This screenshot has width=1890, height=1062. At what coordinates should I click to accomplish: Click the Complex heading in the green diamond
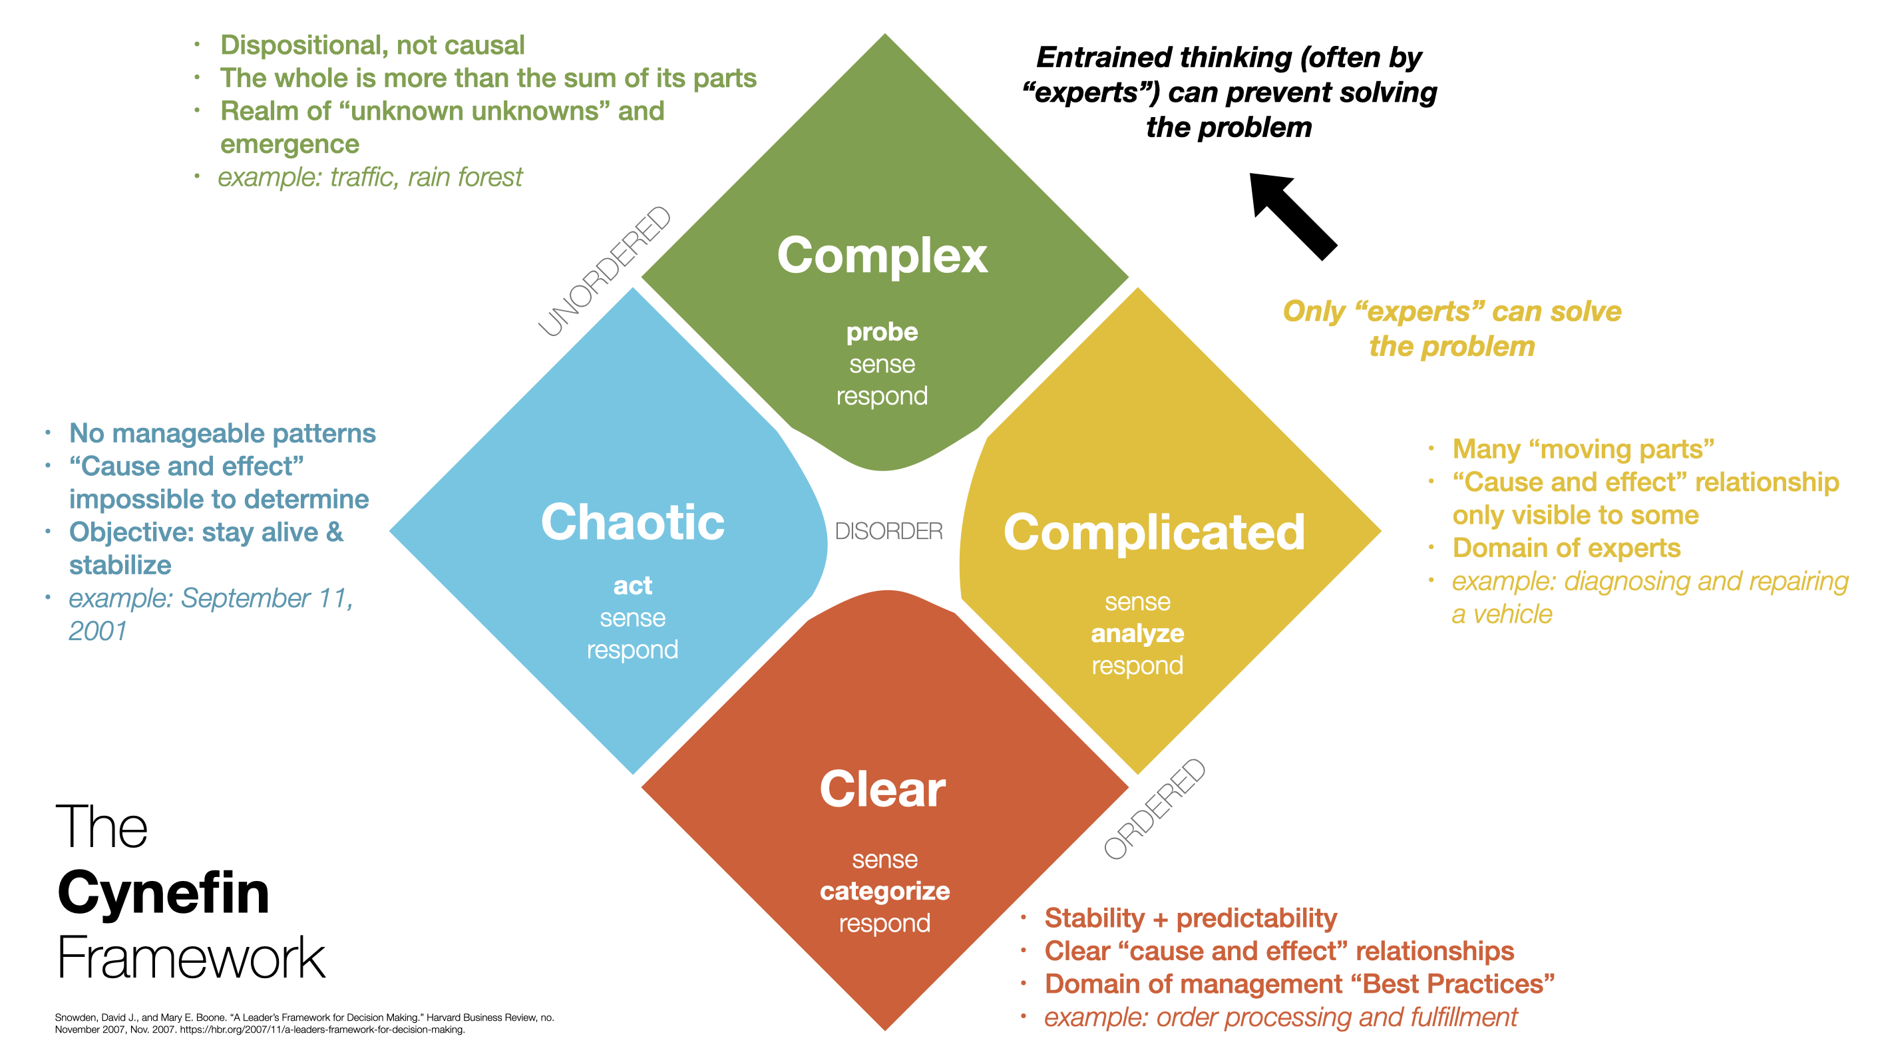[882, 256]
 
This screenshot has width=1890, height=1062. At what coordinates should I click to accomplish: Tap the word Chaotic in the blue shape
[632, 522]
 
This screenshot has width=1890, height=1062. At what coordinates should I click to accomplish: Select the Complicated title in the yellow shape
[1154, 532]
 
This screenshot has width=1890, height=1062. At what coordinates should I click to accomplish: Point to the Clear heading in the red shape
[882, 790]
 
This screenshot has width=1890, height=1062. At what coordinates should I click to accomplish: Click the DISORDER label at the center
[888, 531]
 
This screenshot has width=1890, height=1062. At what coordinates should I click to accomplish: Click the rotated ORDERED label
[1155, 808]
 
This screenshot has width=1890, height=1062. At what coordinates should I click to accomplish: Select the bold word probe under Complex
[882, 332]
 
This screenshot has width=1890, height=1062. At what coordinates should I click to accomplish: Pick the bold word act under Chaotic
[632, 586]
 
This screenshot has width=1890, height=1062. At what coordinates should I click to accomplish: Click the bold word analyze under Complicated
[1137, 633]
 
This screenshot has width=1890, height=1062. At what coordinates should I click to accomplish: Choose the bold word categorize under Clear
[885, 891]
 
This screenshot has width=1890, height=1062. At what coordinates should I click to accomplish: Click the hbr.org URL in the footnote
[322, 1030]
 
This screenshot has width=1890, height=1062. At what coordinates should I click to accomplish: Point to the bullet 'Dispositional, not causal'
[372, 45]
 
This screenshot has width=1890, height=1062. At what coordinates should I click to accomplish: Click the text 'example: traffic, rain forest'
[370, 178]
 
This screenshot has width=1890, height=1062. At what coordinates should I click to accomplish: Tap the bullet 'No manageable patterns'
[222, 433]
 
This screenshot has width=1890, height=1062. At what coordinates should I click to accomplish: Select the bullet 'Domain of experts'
[1566, 548]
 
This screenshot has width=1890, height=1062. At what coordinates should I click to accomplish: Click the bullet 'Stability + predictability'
[1190, 918]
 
